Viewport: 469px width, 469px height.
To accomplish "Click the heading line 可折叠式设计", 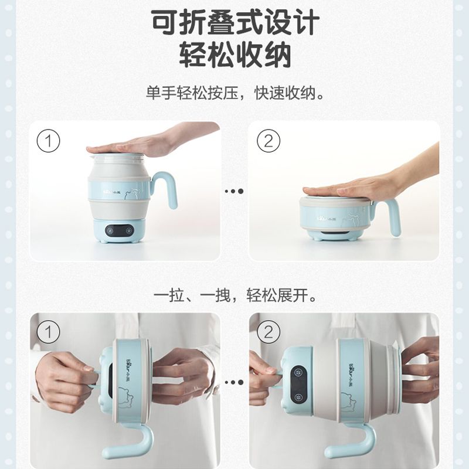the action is [235, 23].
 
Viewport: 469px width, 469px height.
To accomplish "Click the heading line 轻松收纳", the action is [235, 55].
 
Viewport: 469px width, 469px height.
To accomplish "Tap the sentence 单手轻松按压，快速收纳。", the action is [235, 93].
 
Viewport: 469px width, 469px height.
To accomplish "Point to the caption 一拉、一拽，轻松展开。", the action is [235, 295].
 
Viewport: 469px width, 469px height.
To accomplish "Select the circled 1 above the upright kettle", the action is [49, 141].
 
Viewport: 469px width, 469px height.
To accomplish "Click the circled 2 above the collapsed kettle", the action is [269, 141].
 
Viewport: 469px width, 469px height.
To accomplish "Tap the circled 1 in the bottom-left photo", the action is [49, 332].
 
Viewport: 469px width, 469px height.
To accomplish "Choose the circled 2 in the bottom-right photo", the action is [269, 332].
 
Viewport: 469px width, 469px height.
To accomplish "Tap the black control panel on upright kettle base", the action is [120, 230].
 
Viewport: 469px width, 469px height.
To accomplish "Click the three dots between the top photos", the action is [234, 191].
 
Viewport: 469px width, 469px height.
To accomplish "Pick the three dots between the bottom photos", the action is [234, 382].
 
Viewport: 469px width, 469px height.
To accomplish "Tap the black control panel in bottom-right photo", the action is [299, 384].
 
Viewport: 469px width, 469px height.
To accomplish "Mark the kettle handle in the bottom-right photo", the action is [350, 443].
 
